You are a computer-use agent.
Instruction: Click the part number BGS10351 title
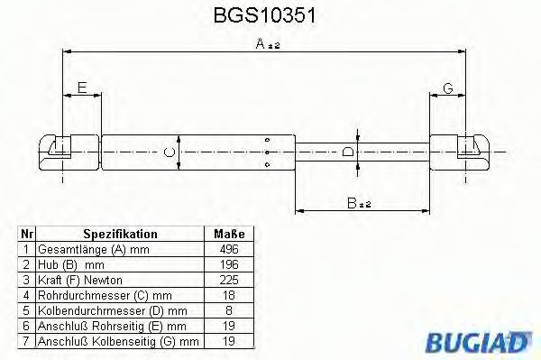point(268,15)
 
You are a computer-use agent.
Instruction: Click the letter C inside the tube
point(168,152)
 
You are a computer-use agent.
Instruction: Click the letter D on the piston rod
point(347,152)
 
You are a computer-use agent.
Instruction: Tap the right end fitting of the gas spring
point(464,149)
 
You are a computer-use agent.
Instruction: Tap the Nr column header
point(27,233)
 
